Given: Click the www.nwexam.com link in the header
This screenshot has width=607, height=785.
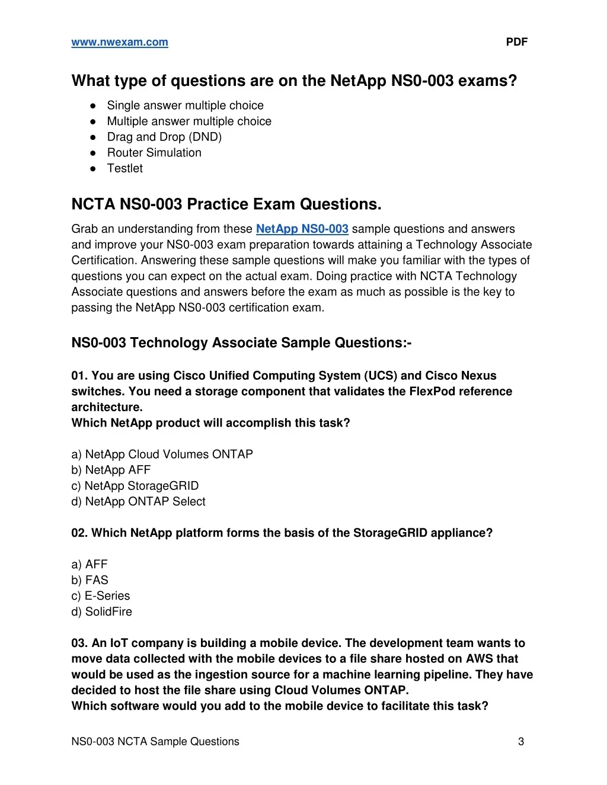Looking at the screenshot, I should coord(120,42).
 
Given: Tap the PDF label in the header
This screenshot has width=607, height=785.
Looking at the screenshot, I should coord(516,42).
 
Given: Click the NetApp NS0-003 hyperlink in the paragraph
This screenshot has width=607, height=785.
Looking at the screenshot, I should coord(302,229).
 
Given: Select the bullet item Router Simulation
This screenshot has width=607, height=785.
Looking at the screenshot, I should coord(154,153).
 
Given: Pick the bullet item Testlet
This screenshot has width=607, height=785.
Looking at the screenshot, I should coord(124,168).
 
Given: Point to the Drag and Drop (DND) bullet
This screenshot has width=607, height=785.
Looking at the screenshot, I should coord(164,137).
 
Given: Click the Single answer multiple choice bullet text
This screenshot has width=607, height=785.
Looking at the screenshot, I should coord(185,105).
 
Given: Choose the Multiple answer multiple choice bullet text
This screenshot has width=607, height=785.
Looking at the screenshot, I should coord(189,121).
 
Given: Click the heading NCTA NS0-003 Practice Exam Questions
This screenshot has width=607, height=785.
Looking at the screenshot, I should coord(226,204).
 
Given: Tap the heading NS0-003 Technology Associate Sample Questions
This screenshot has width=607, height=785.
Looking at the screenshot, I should coord(241,343).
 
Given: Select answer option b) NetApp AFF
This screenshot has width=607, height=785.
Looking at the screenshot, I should coord(111,470).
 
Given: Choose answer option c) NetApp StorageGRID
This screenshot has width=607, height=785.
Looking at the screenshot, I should coord(135,486).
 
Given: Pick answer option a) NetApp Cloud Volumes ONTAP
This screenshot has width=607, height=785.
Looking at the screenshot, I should coord(162,454).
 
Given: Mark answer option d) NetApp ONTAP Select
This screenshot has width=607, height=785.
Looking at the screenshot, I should coord(138,502).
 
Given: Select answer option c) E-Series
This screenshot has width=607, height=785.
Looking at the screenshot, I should coord(101,596).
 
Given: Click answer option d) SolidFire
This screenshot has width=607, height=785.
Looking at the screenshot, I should coord(101,612).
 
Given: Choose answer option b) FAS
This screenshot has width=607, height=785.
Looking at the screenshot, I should coord(90,581).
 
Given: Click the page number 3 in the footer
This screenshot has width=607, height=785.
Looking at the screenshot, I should coord(521,742).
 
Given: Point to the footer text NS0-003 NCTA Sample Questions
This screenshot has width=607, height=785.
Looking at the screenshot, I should coord(155,742).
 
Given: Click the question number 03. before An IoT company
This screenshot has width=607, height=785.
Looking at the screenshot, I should coord(80,643).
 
